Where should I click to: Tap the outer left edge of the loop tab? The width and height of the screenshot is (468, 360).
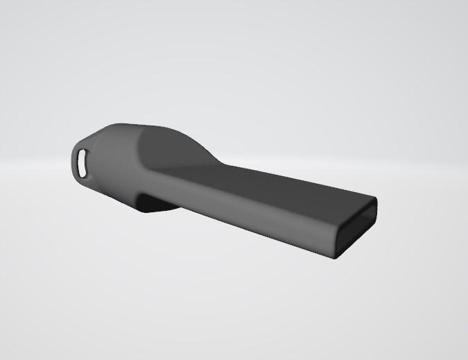(71, 163)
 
